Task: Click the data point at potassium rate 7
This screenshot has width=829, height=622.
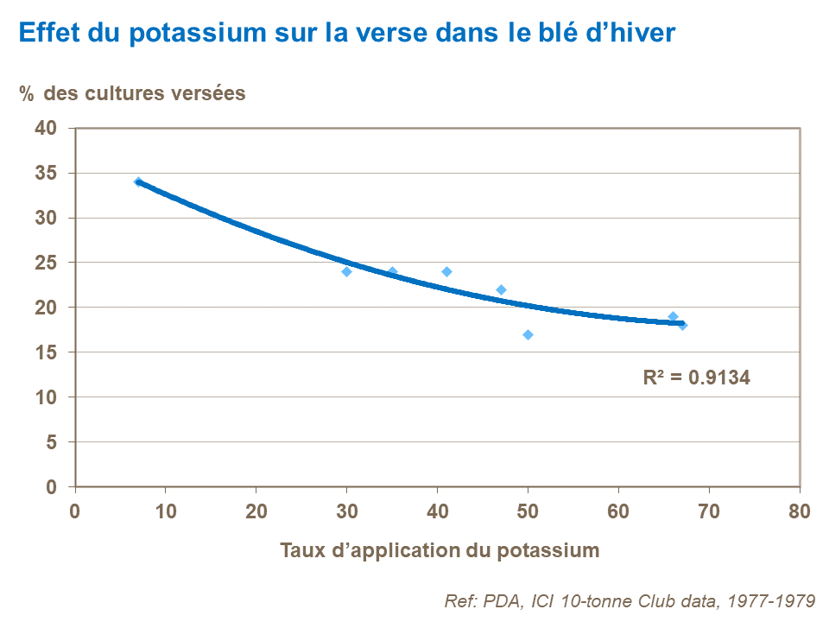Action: click(x=138, y=181)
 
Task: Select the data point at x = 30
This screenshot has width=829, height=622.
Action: click(x=346, y=271)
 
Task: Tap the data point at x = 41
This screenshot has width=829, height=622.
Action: click(x=446, y=271)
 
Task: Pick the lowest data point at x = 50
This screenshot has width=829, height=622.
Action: click(x=528, y=334)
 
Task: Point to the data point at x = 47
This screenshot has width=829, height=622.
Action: click(x=501, y=289)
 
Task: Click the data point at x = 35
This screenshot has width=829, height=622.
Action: click(x=392, y=271)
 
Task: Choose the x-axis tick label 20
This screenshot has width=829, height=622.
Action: click(x=256, y=511)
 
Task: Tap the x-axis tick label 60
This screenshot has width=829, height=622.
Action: click(x=618, y=511)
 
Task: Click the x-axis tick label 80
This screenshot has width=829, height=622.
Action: click(x=800, y=511)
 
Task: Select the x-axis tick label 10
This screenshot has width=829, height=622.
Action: click(x=165, y=511)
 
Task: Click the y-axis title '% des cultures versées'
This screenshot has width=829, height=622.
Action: click(x=133, y=93)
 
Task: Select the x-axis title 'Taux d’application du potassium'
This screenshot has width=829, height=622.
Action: click(x=439, y=550)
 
